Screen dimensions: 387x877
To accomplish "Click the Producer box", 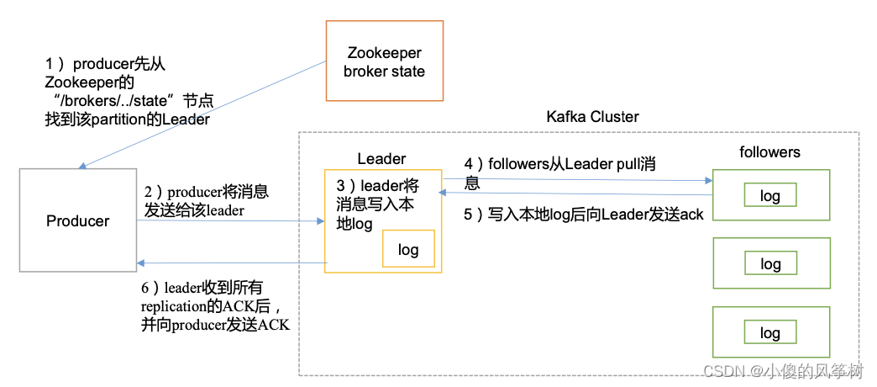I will (x=77, y=221).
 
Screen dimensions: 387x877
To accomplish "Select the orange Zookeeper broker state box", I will (x=384, y=61).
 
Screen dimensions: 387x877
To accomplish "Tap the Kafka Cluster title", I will (x=592, y=117).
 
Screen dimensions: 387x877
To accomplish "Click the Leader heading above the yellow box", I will (x=381, y=158).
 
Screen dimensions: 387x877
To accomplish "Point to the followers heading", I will (x=769, y=152).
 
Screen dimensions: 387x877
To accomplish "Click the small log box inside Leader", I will (x=408, y=249).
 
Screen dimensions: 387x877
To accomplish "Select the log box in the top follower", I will (x=770, y=196).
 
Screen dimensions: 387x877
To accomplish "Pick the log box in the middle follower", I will (x=770, y=264).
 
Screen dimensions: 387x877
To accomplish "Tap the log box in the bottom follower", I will (x=770, y=332).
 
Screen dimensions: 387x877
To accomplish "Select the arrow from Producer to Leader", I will (x=231, y=222).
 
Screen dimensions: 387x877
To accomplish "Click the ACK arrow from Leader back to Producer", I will (x=231, y=263).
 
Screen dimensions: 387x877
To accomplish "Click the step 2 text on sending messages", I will (x=206, y=201).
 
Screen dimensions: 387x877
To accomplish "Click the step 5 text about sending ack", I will (x=584, y=214).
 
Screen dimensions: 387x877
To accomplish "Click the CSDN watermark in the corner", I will (x=784, y=371).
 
